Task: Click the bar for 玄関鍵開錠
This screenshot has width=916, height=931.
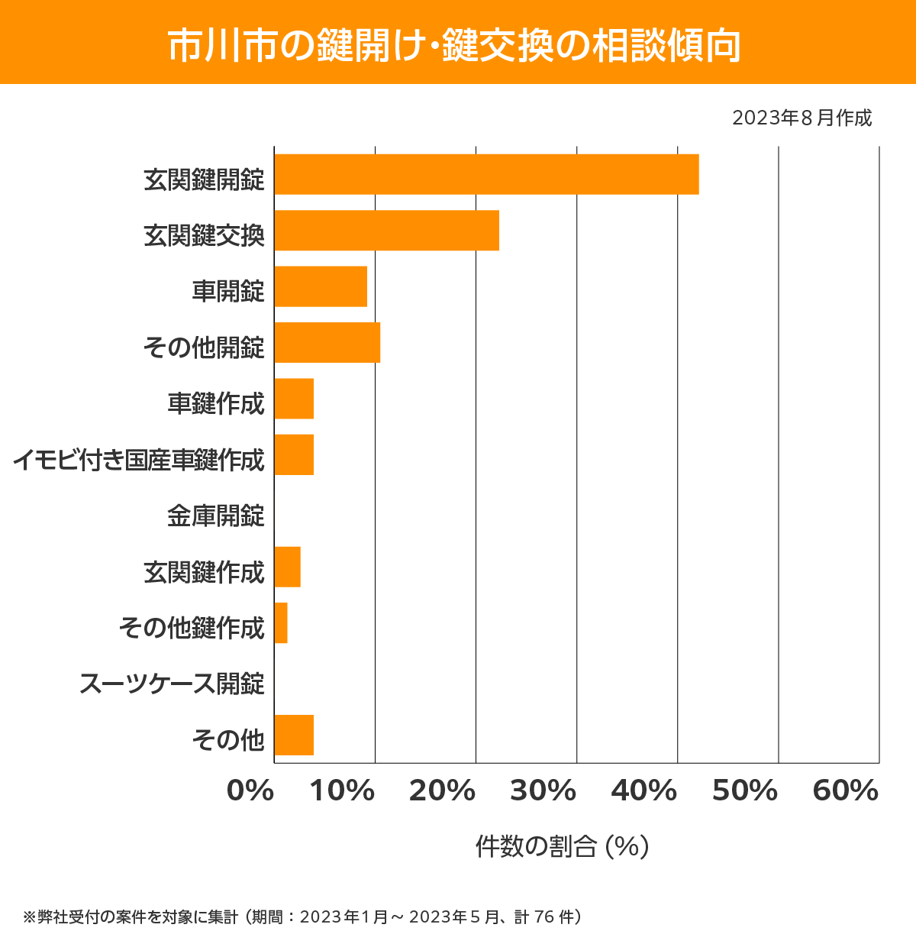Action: pyautogui.click(x=486, y=174)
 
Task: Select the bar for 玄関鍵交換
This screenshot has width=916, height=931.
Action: pyautogui.click(x=386, y=230)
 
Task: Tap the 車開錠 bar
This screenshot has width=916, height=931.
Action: pyautogui.click(x=321, y=286)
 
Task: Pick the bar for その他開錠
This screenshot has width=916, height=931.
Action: pyautogui.click(x=327, y=342)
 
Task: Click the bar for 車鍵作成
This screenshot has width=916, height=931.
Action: pyautogui.click(x=294, y=399)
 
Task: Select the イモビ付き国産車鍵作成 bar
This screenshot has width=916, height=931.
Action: pyautogui.click(x=294, y=454)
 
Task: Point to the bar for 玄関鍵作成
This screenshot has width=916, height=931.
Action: pyautogui.click(x=287, y=567)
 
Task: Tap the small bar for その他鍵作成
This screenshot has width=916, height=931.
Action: pyautogui.click(x=281, y=622)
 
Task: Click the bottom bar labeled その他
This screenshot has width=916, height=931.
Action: pyautogui.click(x=294, y=735)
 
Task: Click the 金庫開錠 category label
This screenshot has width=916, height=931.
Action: pyautogui.click(x=216, y=516)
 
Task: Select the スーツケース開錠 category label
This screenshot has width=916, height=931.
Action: pyautogui.click(x=173, y=684)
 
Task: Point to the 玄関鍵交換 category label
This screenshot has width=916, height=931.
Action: pyautogui.click(x=205, y=235)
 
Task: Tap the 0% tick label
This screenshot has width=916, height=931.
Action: pyautogui.click(x=250, y=791)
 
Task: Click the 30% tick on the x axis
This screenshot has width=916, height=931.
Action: pyautogui.click(x=543, y=791)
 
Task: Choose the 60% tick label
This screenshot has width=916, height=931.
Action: pyautogui.click(x=846, y=791)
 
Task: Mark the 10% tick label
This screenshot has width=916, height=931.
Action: pyautogui.click(x=342, y=791)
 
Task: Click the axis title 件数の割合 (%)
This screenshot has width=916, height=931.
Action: pyautogui.click(x=563, y=846)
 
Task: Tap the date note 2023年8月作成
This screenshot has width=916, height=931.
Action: pyautogui.click(x=801, y=118)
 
